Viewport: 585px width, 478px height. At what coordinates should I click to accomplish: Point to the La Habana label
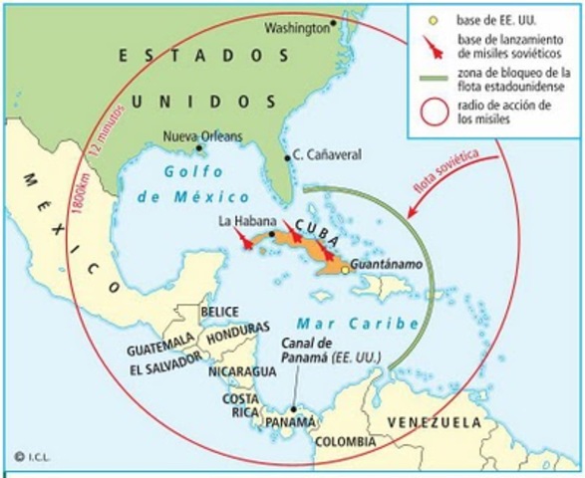(x=240, y=220)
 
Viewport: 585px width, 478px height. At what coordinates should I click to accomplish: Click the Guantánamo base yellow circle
(x=345, y=269)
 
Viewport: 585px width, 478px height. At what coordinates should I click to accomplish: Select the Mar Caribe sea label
(x=336, y=324)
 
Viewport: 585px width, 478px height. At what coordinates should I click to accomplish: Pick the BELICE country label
(x=219, y=312)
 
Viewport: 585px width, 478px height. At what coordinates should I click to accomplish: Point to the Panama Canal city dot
(x=291, y=407)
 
